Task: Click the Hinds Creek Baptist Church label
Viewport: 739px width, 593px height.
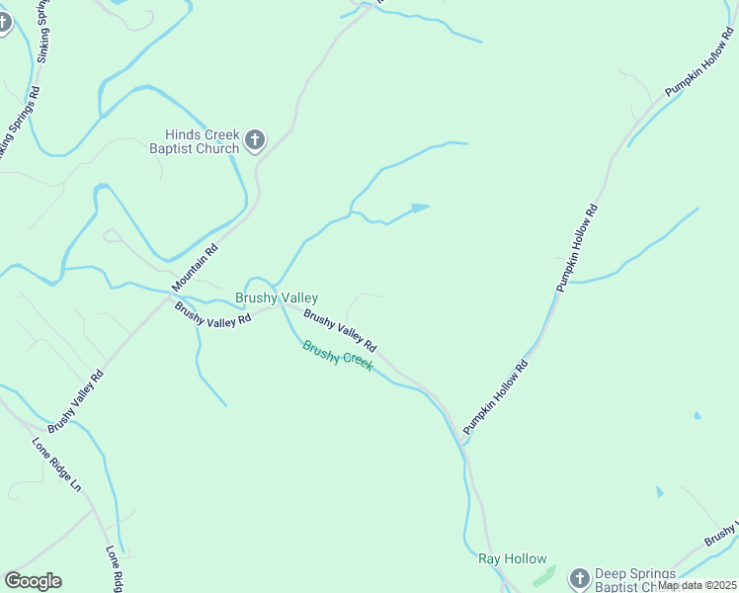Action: pyautogui.click(x=202, y=142)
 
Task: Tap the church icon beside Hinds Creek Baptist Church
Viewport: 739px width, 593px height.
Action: pyautogui.click(x=254, y=140)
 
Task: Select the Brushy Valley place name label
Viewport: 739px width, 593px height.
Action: pyautogui.click(x=277, y=297)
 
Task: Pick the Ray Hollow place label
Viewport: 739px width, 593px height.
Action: pyautogui.click(x=513, y=558)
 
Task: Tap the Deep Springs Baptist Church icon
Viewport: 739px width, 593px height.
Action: pyautogui.click(x=578, y=575)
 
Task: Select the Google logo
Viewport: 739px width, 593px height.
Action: pyautogui.click(x=33, y=581)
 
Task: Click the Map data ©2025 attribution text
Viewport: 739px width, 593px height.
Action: pyautogui.click(x=697, y=585)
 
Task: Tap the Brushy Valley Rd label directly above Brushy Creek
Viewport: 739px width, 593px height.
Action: pyautogui.click(x=340, y=331)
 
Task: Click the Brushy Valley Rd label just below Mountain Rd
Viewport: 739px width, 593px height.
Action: pyautogui.click(x=212, y=317)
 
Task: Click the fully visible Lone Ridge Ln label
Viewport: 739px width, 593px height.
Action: pyautogui.click(x=56, y=464)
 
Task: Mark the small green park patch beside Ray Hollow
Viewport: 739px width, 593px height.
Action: pyautogui.click(x=538, y=573)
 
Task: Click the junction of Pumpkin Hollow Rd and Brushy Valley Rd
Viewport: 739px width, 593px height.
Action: pyautogui.click(x=464, y=442)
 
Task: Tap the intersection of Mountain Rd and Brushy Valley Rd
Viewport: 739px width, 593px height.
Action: pyautogui.click(x=169, y=296)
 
